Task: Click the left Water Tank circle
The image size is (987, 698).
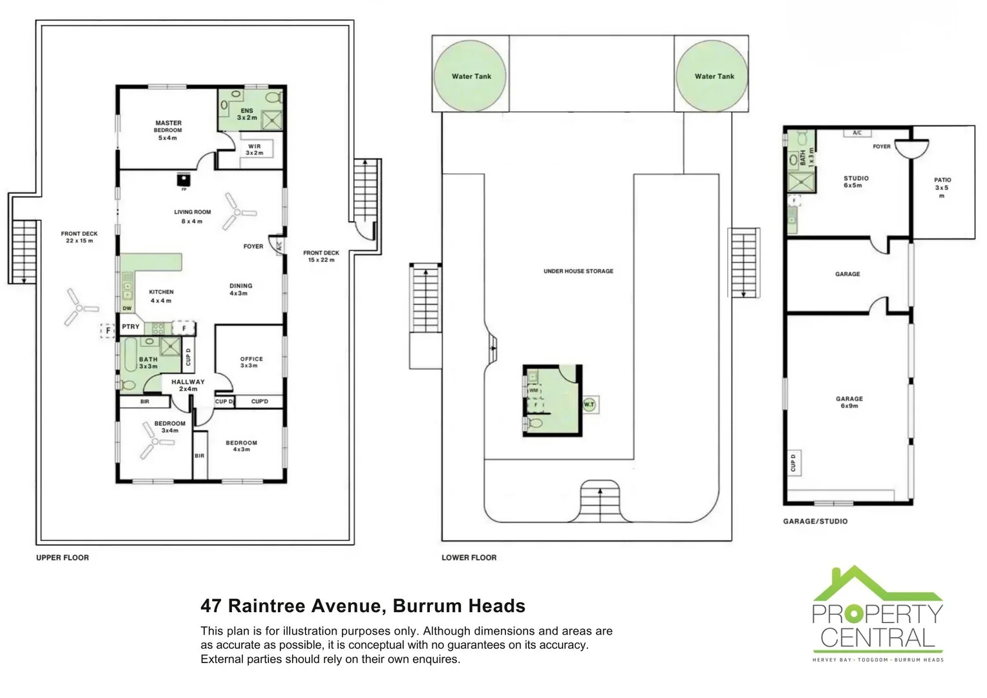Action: [471, 76]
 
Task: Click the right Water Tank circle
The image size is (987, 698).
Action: [714, 76]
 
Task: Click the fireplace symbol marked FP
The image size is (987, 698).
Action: [184, 180]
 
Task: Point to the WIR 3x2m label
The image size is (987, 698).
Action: [255, 149]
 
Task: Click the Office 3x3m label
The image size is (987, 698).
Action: [251, 362]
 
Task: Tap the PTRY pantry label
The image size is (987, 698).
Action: [131, 327]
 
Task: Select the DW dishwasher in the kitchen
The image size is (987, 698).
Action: [127, 308]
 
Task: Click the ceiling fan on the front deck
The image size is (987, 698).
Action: [79, 308]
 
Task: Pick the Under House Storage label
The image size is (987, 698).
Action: [578, 271]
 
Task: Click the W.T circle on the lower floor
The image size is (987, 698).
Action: [589, 405]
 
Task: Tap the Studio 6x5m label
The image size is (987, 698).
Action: [856, 182]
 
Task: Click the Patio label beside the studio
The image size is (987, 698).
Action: [942, 187]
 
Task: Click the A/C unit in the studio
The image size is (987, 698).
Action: [857, 133]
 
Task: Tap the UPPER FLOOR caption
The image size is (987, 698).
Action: [63, 558]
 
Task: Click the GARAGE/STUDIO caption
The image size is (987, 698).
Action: [815, 521]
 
